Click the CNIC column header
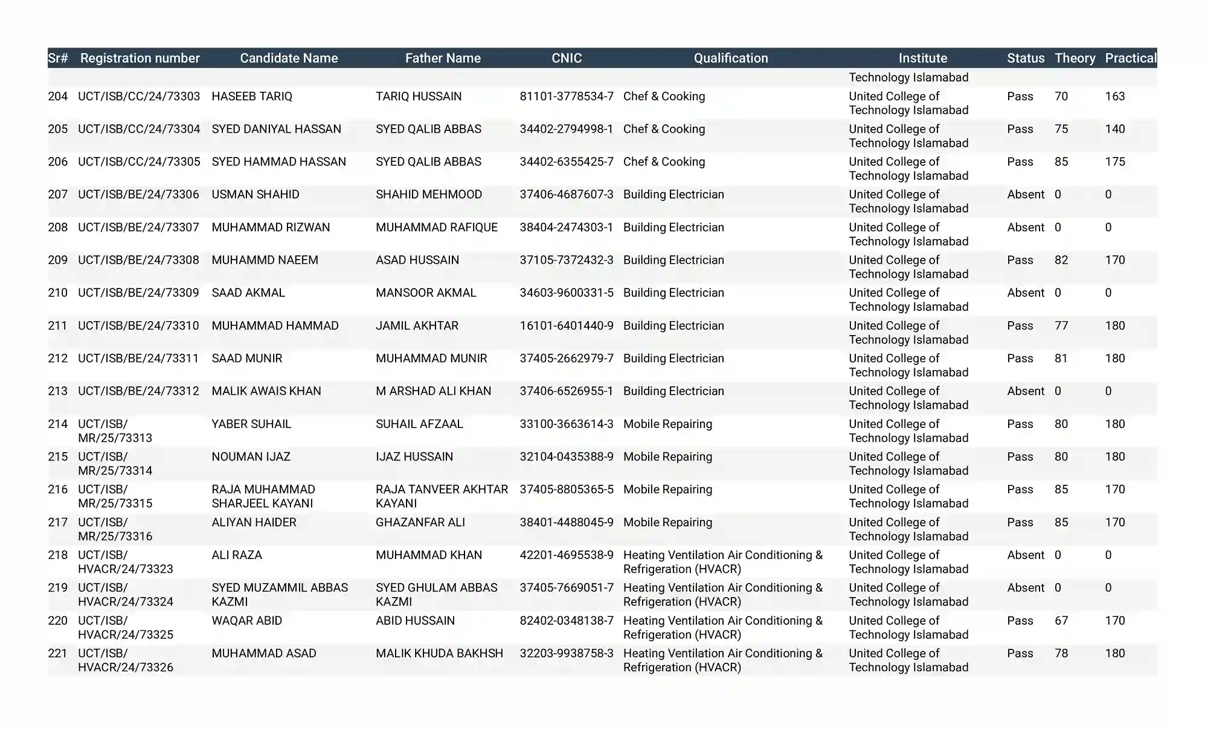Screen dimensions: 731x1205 click(x=566, y=58)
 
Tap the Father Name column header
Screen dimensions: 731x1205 click(x=443, y=58)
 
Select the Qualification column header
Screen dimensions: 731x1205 click(x=730, y=58)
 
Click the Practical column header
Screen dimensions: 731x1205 click(x=1130, y=58)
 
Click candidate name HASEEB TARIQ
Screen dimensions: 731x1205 click(x=252, y=97)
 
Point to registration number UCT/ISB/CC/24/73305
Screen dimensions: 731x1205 click(x=139, y=162)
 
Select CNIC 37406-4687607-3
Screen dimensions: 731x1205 click(x=566, y=194)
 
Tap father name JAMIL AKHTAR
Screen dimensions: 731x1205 click(x=417, y=326)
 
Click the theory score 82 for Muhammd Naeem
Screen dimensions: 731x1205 click(x=1061, y=260)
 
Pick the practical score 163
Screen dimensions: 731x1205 click(x=1114, y=97)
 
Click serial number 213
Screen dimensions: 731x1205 click(x=58, y=391)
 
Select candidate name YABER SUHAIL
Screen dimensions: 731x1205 click(x=251, y=424)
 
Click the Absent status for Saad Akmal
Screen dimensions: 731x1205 click(x=1025, y=293)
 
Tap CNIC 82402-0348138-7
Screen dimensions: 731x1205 click(x=566, y=621)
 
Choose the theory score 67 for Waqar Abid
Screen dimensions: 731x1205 click(x=1061, y=621)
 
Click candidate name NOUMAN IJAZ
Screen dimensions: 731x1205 click(x=251, y=457)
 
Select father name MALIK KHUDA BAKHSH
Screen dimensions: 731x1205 click(x=439, y=654)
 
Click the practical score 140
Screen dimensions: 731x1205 click(x=1114, y=129)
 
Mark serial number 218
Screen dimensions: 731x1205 click(x=58, y=555)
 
